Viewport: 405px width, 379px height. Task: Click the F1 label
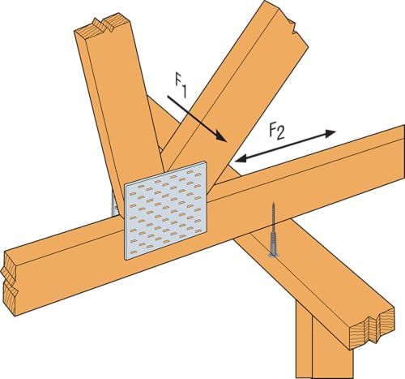[x=181, y=87]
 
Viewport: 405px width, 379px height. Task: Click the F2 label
[x=277, y=131]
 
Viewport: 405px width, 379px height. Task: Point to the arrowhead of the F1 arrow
[x=220, y=136]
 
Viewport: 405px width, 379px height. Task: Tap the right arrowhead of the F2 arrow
[x=330, y=133]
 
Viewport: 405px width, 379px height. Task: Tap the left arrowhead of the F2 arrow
[x=241, y=159]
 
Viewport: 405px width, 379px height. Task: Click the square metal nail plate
[x=165, y=210]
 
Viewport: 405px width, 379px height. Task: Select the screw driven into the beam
[x=274, y=230]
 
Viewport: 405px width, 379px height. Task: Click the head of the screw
[x=274, y=254]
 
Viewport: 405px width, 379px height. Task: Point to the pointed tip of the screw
[x=274, y=203]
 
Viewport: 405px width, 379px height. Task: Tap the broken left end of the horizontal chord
[x=11, y=282]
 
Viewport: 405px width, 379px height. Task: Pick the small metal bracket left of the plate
[x=115, y=204]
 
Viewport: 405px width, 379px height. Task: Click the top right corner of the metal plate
[x=206, y=162]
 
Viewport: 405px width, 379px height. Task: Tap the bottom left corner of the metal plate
[x=126, y=259]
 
